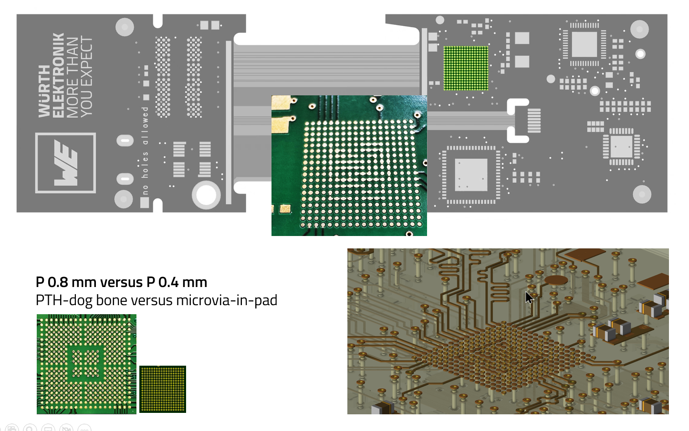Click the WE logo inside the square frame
tap(66, 163)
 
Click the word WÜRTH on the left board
tap(44, 91)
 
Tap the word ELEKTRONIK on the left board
tap(58, 75)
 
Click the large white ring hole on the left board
tap(206, 195)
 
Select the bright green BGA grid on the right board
tap(466, 68)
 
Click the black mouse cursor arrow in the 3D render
tap(529, 298)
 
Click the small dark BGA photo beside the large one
tap(162, 389)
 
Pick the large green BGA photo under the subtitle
tap(86, 364)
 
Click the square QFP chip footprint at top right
tap(584, 44)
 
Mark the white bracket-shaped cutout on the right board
tap(517, 121)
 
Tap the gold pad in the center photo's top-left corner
tap(281, 102)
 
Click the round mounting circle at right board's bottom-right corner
tap(642, 194)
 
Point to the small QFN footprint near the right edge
tap(621, 146)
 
